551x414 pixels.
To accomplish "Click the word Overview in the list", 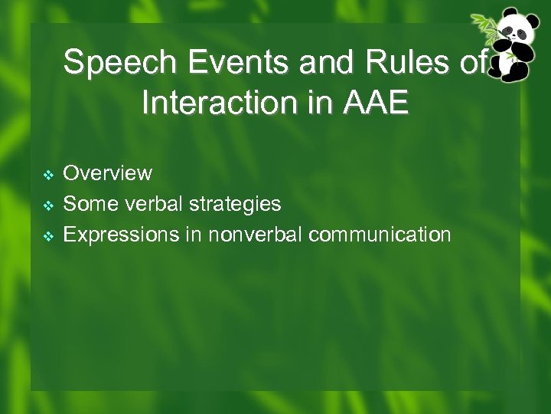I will (108, 173).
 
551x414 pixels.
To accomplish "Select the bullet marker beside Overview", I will (47, 175).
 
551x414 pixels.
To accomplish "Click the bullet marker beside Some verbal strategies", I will (47, 205).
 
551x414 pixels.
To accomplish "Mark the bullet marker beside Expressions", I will (47, 236).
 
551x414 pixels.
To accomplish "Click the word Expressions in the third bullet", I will (121, 235).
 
